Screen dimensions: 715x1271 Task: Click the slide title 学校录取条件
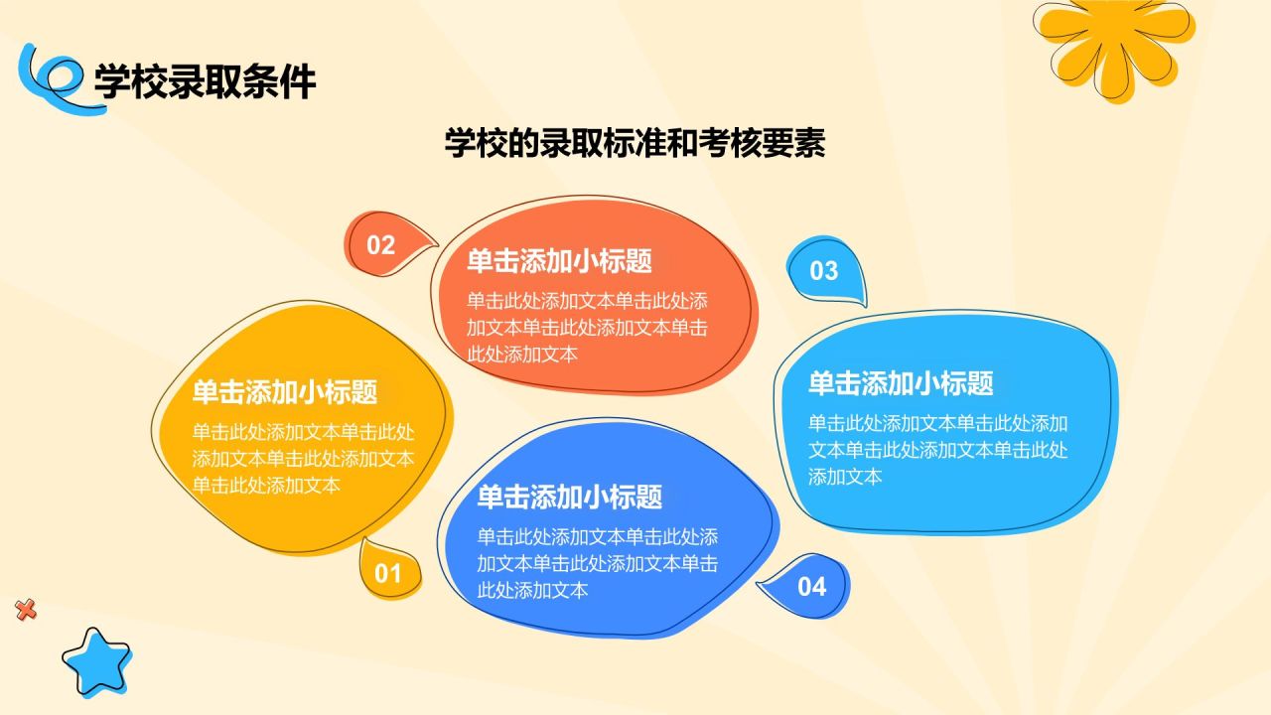coord(205,80)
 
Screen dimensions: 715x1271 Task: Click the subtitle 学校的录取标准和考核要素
coord(635,143)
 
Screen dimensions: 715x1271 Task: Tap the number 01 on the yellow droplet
coord(387,573)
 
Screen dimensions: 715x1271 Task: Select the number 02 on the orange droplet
coord(381,245)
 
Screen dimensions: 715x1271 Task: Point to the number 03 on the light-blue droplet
coord(824,270)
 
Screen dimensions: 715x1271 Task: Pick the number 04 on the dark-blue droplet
coord(812,587)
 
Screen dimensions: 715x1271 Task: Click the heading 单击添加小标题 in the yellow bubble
coord(285,391)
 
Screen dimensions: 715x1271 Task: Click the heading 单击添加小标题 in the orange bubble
coord(559,261)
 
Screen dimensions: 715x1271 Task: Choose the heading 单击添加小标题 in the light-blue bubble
coord(901,382)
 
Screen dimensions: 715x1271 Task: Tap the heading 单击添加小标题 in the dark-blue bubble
coord(569,497)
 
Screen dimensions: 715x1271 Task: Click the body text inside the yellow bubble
coord(303,459)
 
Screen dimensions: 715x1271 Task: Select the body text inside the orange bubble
coord(587,328)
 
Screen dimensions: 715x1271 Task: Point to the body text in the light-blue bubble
coord(937,449)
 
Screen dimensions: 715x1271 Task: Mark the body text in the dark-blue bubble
coord(598,563)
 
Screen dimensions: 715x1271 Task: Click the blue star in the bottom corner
coord(96,660)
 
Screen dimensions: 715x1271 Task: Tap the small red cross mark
coord(26,611)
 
